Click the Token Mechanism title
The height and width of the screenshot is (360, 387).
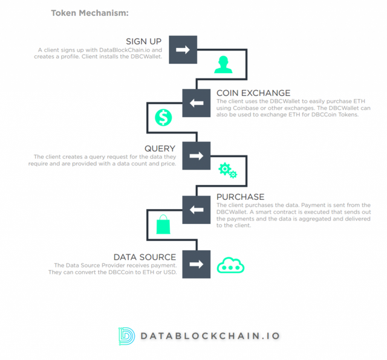coord(90,13)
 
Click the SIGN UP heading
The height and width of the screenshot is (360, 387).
coord(144,42)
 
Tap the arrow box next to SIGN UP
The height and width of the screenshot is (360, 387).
coord(183,50)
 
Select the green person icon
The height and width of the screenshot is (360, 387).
coord(223,65)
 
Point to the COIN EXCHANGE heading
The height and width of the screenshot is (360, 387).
coord(253,93)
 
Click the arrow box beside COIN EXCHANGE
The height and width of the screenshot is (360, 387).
coord(197,103)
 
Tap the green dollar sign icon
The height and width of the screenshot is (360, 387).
coord(163,117)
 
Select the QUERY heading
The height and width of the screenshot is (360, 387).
coord(160,149)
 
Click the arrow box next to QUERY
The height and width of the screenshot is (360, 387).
coord(197,156)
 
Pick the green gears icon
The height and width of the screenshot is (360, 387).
coord(227,170)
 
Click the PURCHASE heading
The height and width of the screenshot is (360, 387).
coord(241,197)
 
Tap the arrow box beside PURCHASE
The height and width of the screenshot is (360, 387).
coord(197,210)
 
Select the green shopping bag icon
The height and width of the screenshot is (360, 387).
coord(163,224)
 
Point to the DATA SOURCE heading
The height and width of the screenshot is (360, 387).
coord(145,257)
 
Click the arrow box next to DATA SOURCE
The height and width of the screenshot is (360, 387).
coord(197,265)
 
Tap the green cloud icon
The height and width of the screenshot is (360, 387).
coord(230,265)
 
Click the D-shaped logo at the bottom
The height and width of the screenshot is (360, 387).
coord(126,336)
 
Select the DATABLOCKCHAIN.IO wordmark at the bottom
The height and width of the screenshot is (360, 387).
coord(210,336)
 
